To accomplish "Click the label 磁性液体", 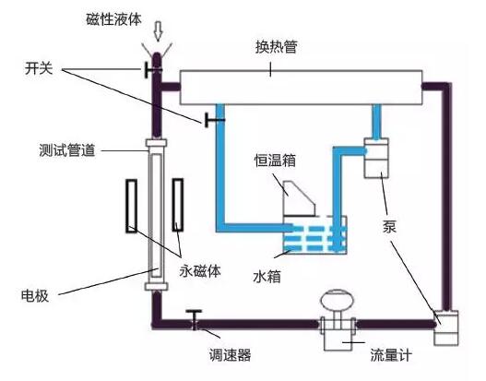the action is click(x=113, y=19).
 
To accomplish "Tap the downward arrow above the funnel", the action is click(x=159, y=31).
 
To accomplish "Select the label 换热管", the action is click(x=277, y=47).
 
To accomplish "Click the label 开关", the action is click(x=39, y=68).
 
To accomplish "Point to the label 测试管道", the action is click(x=66, y=150).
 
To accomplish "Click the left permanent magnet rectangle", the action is click(x=132, y=206).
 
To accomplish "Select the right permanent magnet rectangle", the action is click(x=178, y=205).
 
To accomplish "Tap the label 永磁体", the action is click(x=200, y=271).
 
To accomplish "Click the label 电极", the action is click(x=35, y=296).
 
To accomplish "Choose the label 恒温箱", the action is click(x=275, y=161).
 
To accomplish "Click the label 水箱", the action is click(x=267, y=276).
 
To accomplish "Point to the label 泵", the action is click(x=389, y=227).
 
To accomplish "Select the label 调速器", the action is click(x=230, y=354).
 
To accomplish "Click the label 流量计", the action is click(x=391, y=354).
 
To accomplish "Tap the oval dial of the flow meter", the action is click(x=338, y=299).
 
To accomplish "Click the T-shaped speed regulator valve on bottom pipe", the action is click(x=195, y=319).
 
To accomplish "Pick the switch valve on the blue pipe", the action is click(x=214, y=120).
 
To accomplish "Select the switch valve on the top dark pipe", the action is click(x=153, y=70).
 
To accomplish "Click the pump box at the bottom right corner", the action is click(x=446, y=327).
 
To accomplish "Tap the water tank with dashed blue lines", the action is click(x=314, y=234).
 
